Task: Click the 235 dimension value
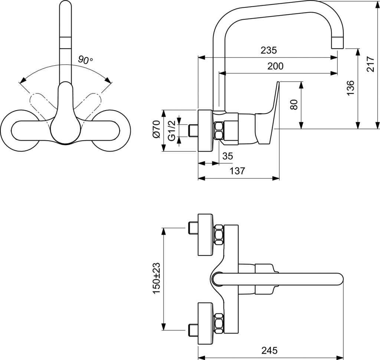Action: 269,50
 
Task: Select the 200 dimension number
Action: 275,66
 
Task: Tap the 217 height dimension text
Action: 370,64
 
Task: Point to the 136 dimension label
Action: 350,87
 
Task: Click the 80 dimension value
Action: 294,105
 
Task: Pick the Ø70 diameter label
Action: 157,129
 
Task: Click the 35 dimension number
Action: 227,156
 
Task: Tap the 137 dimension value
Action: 237,171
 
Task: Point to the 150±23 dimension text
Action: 157,278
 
